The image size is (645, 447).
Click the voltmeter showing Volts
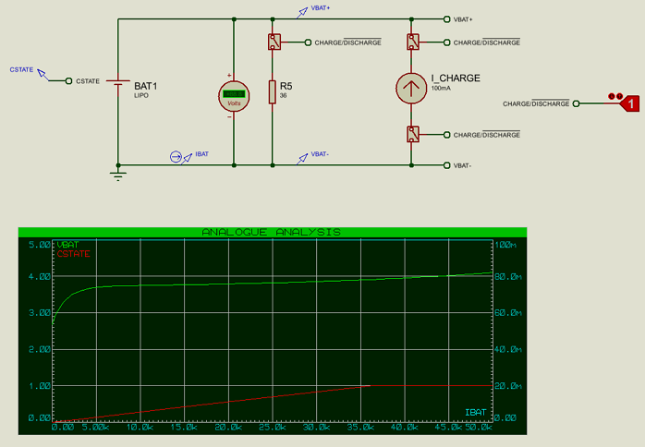pyautogui.click(x=234, y=95)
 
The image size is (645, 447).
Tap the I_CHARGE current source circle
pyautogui.click(x=411, y=88)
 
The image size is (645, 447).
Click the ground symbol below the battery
pyautogui.click(x=118, y=174)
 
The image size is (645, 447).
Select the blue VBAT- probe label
pyautogui.click(x=321, y=153)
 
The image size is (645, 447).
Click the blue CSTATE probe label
pyautogui.click(x=21, y=69)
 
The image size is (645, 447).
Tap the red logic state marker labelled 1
pyautogui.click(x=630, y=104)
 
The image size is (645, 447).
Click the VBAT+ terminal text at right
pyautogui.click(x=463, y=19)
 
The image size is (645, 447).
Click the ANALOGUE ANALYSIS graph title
pyautogui.click(x=272, y=232)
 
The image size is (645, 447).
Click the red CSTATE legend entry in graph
pyautogui.click(x=74, y=253)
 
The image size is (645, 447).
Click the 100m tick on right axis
pyautogui.click(x=505, y=245)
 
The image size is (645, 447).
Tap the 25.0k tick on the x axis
pyautogui.click(x=272, y=428)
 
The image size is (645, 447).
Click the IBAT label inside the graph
pyautogui.click(x=475, y=410)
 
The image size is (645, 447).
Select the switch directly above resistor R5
pyautogui.click(x=273, y=42)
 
